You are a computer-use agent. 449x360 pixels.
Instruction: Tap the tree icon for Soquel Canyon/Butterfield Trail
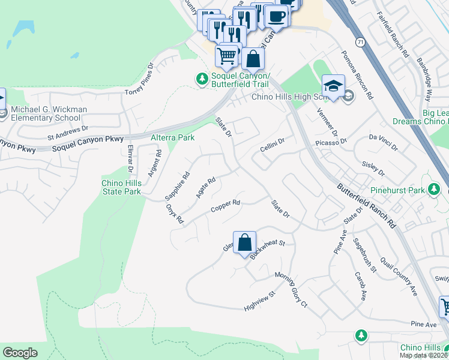point(202,78)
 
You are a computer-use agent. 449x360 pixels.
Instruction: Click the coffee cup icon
point(276,16)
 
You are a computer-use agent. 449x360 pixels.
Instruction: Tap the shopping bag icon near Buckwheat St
point(244,242)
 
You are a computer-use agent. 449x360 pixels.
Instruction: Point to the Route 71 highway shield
point(358,43)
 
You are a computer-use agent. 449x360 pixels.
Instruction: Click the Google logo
point(20,353)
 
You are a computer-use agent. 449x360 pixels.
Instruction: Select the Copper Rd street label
point(226,206)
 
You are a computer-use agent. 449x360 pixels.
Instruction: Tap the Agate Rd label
point(205,188)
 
